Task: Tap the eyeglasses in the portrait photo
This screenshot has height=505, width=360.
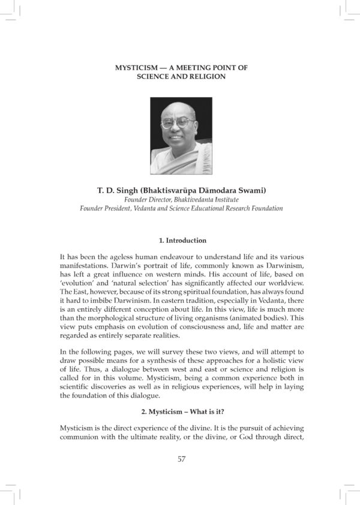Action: (178, 123)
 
